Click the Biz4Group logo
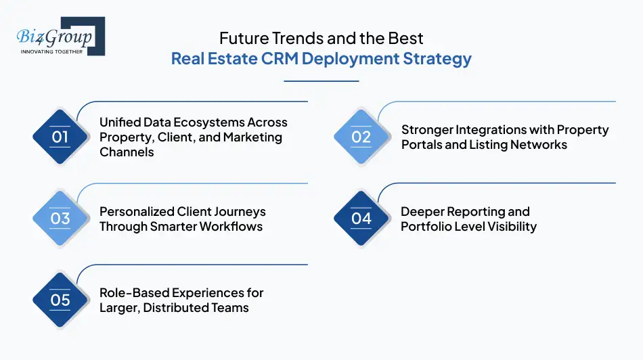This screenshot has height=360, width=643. coord(60,36)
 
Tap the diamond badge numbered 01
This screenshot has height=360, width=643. coord(60,137)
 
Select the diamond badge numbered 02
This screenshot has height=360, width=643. coord(361,137)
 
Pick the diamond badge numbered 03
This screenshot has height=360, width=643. coord(60,219)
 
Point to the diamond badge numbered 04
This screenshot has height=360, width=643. coord(361,219)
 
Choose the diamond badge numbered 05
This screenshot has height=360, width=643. coord(60,300)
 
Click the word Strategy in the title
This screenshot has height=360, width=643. coord(437,59)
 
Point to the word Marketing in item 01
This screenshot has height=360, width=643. coord(253,137)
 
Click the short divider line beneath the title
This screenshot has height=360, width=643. coord(321,81)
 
